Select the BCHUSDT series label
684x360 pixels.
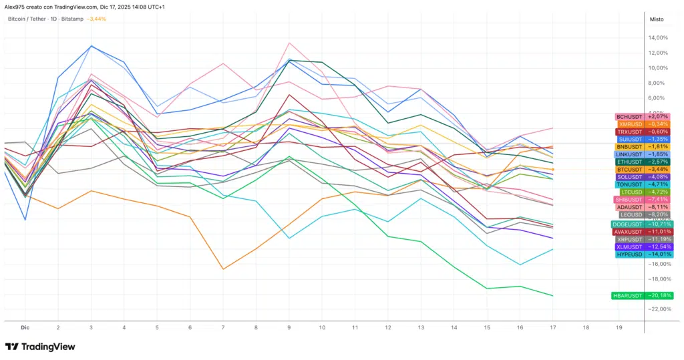point(628,117)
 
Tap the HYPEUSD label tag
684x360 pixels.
point(629,254)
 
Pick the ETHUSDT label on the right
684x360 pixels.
point(629,162)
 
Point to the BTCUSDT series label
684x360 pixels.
point(629,170)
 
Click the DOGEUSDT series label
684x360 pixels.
point(627,224)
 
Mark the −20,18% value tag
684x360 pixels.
point(659,295)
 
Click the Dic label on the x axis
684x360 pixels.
point(25,327)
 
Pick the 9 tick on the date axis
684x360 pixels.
point(289,327)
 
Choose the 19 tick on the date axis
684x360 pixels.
point(619,327)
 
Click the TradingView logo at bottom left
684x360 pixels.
point(40,347)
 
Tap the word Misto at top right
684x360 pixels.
point(657,19)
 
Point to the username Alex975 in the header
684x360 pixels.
point(15,7)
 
